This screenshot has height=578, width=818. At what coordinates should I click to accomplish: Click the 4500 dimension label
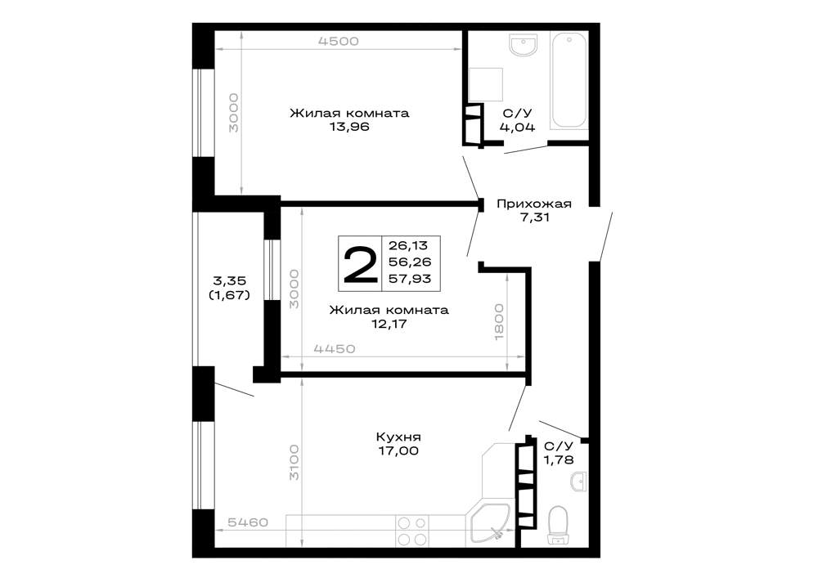(x=339, y=41)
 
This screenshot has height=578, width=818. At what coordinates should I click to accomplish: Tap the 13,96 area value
(x=349, y=127)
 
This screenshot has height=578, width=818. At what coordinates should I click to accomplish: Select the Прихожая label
(x=533, y=204)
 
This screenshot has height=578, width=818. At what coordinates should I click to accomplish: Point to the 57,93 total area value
(x=410, y=279)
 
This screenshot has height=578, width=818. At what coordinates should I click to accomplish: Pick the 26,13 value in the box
(x=408, y=245)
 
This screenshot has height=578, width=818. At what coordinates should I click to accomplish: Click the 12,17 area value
(x=389, y=325)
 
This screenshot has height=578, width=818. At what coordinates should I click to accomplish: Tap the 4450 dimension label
(x=335, y=348)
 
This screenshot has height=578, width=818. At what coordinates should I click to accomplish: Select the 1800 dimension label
(x=499, y=322)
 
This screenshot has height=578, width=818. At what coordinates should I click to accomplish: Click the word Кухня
(x=398, y=437)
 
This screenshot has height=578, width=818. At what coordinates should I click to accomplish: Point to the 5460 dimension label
(x=248, y=522)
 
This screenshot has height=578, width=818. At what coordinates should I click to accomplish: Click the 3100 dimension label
(x=294, y=462)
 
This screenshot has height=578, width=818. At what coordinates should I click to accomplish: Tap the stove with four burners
(x=412, y=531)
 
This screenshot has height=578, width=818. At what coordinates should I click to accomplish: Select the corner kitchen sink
(x=489, y=522)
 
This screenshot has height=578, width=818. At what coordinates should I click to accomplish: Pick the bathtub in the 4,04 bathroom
(x=569, y=80)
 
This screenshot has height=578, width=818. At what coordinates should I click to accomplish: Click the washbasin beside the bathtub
(x=524, y=45)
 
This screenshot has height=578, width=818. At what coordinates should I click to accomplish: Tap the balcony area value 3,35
(x=228, y=281)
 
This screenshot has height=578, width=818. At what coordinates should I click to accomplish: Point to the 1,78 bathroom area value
(x=559, y=460)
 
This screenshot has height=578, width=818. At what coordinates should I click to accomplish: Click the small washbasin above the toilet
(x=579, y=482)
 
